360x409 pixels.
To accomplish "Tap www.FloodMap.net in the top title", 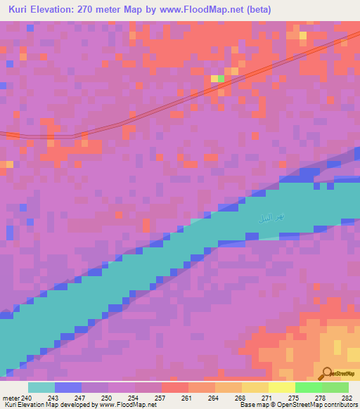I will coord(207,9).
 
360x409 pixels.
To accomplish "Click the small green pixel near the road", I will coord(221,79).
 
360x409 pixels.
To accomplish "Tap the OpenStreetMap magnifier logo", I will coord(326,373).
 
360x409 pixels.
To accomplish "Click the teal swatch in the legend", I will coord(41,387).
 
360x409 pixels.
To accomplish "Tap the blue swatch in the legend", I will coord(68,387).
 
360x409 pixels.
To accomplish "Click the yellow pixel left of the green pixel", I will coord(214,79).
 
